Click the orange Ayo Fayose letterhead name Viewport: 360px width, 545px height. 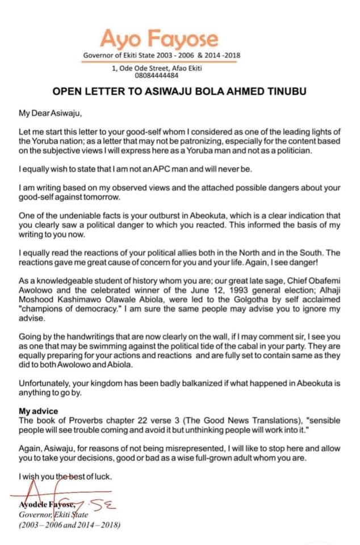coord(159,39)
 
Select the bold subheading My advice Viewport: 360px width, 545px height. coord(38,410)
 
